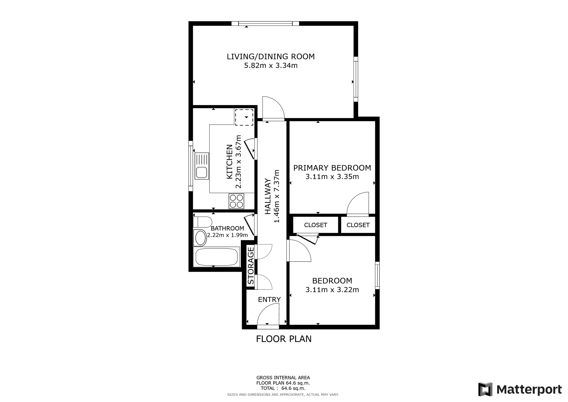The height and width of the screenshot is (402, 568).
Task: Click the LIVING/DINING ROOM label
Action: (x=271, y=57)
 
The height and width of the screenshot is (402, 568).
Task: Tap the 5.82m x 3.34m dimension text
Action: (x=271, y=66)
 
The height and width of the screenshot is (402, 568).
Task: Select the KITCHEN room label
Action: (x=229, y=162)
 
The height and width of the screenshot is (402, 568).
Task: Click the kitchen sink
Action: (x=201, y=166)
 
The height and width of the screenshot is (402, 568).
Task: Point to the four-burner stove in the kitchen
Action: (x=236, y=201)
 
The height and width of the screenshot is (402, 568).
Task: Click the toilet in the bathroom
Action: (x=202, y=222)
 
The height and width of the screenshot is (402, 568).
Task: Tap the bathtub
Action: (x=216, y=257)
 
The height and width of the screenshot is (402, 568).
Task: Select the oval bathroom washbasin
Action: (x=201, y=238)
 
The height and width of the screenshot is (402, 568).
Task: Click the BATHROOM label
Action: (x=227, y=228)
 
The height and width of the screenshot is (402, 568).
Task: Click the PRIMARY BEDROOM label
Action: (x=332, y=168)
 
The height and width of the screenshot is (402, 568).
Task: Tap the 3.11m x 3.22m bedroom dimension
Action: (x=332, y=290)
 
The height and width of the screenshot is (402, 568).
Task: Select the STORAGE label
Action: (x=251, y=266)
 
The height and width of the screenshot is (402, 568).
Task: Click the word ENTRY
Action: (x=269, y=299)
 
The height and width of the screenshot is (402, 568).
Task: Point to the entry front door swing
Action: (x=268, y=314)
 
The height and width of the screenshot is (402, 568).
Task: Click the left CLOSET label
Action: (x=316, y=225)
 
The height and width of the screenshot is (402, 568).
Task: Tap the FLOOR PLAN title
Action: (x=284, y=339)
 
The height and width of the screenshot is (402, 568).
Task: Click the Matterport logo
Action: (x=520, y=389)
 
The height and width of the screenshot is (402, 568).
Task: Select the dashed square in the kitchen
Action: (x=244, y=117)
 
